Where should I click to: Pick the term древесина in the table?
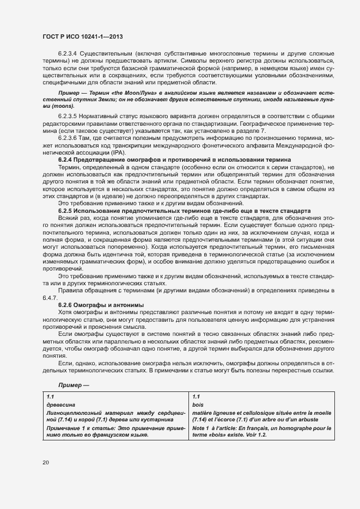61,405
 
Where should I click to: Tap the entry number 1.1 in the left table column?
51,397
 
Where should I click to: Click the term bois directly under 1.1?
198,405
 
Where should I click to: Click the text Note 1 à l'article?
215,430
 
